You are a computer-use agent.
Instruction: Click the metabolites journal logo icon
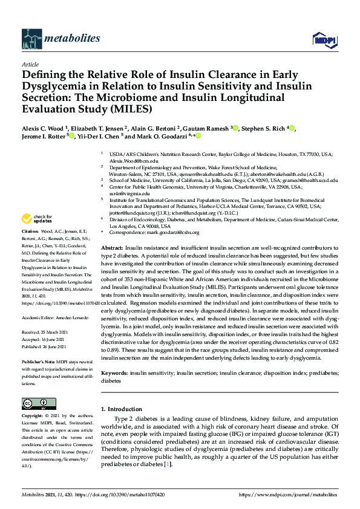tap(31, 38)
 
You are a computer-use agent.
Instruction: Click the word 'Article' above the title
tap(30, 63)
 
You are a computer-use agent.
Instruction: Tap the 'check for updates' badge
tap(36, 219)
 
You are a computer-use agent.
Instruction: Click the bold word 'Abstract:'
tap(112, 248)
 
